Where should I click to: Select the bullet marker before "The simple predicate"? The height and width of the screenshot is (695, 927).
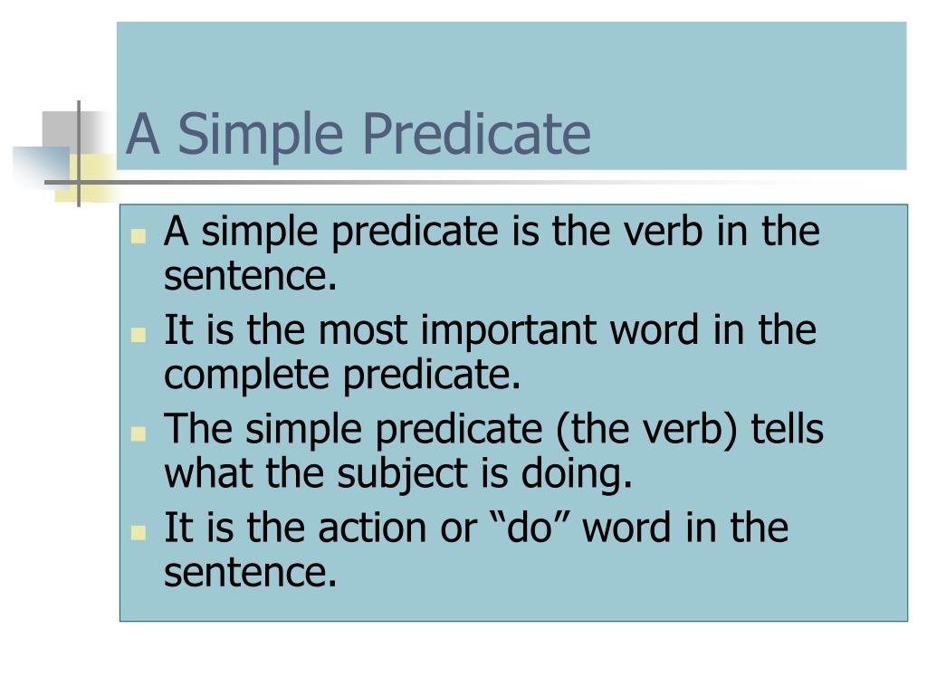click(x=139, y=433)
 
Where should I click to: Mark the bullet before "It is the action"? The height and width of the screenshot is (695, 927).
click(x=139, y=532)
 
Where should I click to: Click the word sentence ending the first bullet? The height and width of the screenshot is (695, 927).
click(x=250, y=278)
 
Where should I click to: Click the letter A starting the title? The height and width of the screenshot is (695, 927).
click(x=142, y=134)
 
